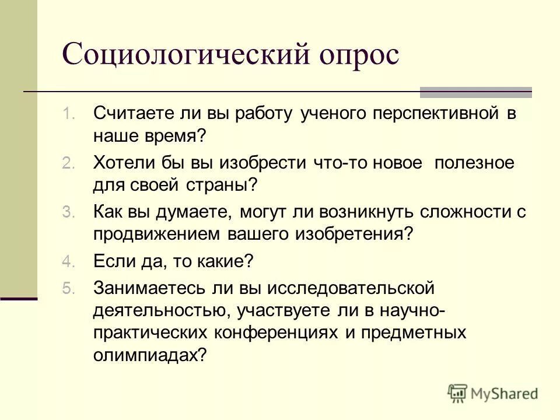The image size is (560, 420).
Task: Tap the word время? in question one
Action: coord(178,136)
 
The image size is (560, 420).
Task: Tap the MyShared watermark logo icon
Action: coord(458,394)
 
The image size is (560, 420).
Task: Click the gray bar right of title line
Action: coord(476,92)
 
